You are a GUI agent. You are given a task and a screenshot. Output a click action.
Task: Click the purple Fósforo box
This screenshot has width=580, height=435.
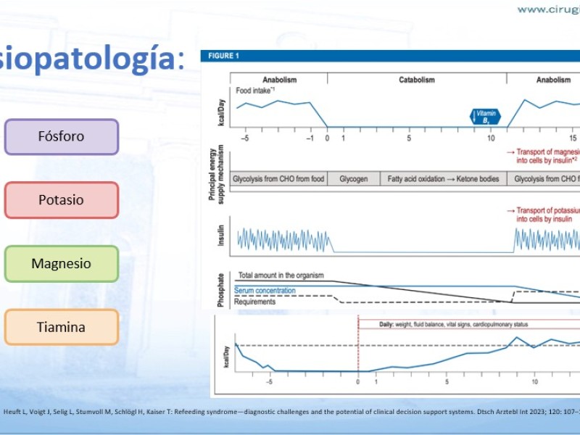[x=62, y=136]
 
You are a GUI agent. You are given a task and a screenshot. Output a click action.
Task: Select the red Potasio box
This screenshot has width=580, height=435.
[x=62, y=200]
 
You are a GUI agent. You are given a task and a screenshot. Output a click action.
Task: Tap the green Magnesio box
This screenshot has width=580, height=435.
[x=62, y=264]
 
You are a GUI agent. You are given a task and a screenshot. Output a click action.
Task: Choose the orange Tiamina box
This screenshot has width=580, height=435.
[x=62, y=327]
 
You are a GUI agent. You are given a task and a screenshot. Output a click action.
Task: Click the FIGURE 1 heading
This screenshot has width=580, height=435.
[x=223, y=57]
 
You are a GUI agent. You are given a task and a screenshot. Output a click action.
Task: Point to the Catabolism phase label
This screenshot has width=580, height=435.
[x=417, y=80]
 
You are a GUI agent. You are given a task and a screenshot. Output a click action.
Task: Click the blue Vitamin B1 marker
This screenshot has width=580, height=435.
[x=486, y=117]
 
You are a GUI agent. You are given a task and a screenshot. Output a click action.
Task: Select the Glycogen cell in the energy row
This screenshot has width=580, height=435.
[x=354, y=179]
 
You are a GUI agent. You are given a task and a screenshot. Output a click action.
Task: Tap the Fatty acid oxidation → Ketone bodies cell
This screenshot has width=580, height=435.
[x=443, y=179]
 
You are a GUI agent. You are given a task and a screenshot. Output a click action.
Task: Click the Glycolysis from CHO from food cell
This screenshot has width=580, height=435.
[x=278, y=179]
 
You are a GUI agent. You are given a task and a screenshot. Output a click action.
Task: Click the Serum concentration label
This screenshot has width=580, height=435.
[x=265, y=291]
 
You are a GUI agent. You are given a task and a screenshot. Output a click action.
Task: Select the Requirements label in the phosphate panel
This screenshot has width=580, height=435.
[x=254, y=302]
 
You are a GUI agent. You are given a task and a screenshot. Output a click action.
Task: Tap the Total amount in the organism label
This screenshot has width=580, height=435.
[x=281, y=276]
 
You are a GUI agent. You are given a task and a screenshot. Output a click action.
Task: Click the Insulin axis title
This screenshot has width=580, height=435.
[x=220, y=235]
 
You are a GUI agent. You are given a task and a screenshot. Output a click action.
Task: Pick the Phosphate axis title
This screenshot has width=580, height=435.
[x=220, y=289]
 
